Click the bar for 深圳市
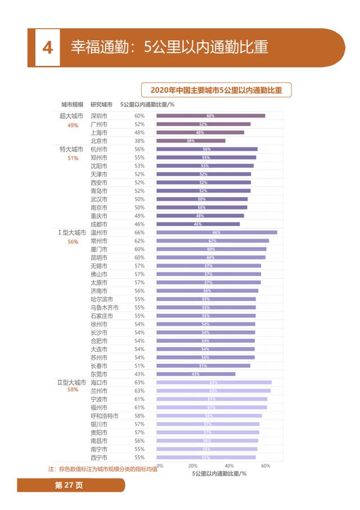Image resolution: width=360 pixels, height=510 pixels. click(210, 116)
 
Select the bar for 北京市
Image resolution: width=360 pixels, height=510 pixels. click(191, 141)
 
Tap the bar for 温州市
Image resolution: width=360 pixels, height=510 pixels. click(217, 232)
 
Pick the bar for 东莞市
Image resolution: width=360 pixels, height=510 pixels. click(196, 374)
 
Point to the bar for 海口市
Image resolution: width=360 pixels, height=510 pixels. click(214, 382)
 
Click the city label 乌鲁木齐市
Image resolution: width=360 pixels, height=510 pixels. click(104, 308)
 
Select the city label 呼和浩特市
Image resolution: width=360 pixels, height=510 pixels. click(104, 416)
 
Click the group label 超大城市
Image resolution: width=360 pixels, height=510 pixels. click(71, 116)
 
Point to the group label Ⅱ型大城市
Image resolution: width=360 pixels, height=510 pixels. click(71, 382)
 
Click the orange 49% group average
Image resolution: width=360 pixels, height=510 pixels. click(73, 125)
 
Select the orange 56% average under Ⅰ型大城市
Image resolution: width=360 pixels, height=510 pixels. click(73, 241)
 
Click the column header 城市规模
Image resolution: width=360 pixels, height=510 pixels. click(73, 105)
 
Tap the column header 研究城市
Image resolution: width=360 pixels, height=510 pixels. click(101, 105)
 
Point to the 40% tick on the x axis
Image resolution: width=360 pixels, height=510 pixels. click(229, 466)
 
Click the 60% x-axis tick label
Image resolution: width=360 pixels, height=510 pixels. click(265, 466)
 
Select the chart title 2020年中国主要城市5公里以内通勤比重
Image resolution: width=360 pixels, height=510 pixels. click(216, 90)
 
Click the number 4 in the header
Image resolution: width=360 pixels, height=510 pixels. click(48, 47)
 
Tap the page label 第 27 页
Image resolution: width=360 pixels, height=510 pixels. click(68, 486)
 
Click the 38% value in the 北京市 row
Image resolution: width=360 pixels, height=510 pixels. click(139, 141)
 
